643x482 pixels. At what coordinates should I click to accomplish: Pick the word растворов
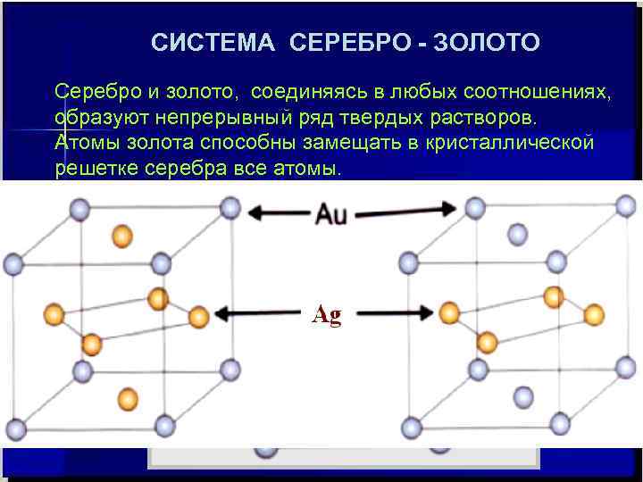(478, 119)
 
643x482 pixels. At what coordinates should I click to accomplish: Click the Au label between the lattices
(330, 213)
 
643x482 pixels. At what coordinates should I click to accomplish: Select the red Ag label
(327, 315)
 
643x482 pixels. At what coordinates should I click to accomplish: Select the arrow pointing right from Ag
(397, 313)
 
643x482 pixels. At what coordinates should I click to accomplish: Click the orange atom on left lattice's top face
(121, 236)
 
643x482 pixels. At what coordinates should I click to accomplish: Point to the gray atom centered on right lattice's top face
(517, 234)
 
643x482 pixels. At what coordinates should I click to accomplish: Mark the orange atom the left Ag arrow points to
(198, 315)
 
